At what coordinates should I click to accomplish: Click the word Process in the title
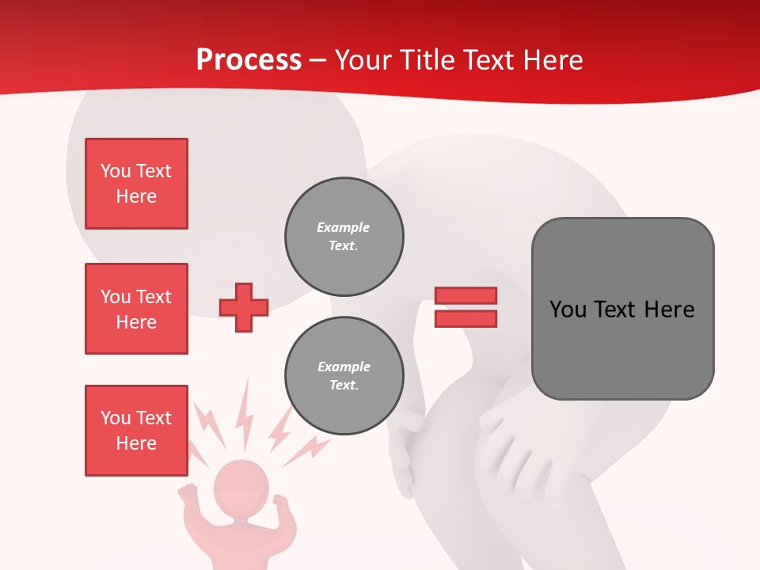(x=249, y=60)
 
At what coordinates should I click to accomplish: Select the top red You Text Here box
(x=136, y=184)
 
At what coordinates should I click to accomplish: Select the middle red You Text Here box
(x=136, y=309)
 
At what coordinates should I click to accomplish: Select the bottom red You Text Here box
(x=136, y=430)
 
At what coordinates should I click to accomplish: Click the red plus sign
(x=244, y=307)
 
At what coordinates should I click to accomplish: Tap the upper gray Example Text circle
(x=344, y=237)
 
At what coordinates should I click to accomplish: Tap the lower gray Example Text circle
(x=344, y=376)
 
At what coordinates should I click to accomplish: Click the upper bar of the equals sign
(x=465, y=295)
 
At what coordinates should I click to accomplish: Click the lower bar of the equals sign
(x=465, y=318)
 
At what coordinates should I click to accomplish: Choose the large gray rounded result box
(x=622, y=309)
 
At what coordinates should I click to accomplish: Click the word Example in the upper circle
(x=344, y=228)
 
